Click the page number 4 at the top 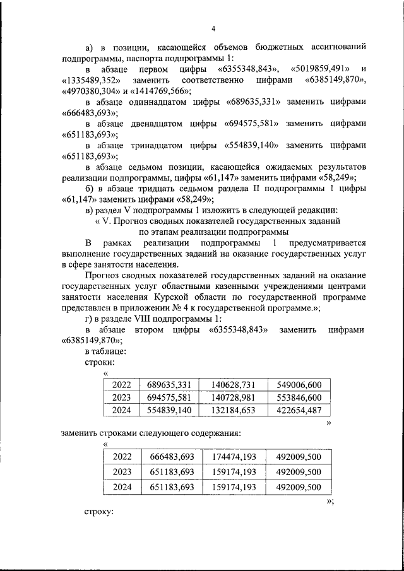[214, 28]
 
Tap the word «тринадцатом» [153, 144]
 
